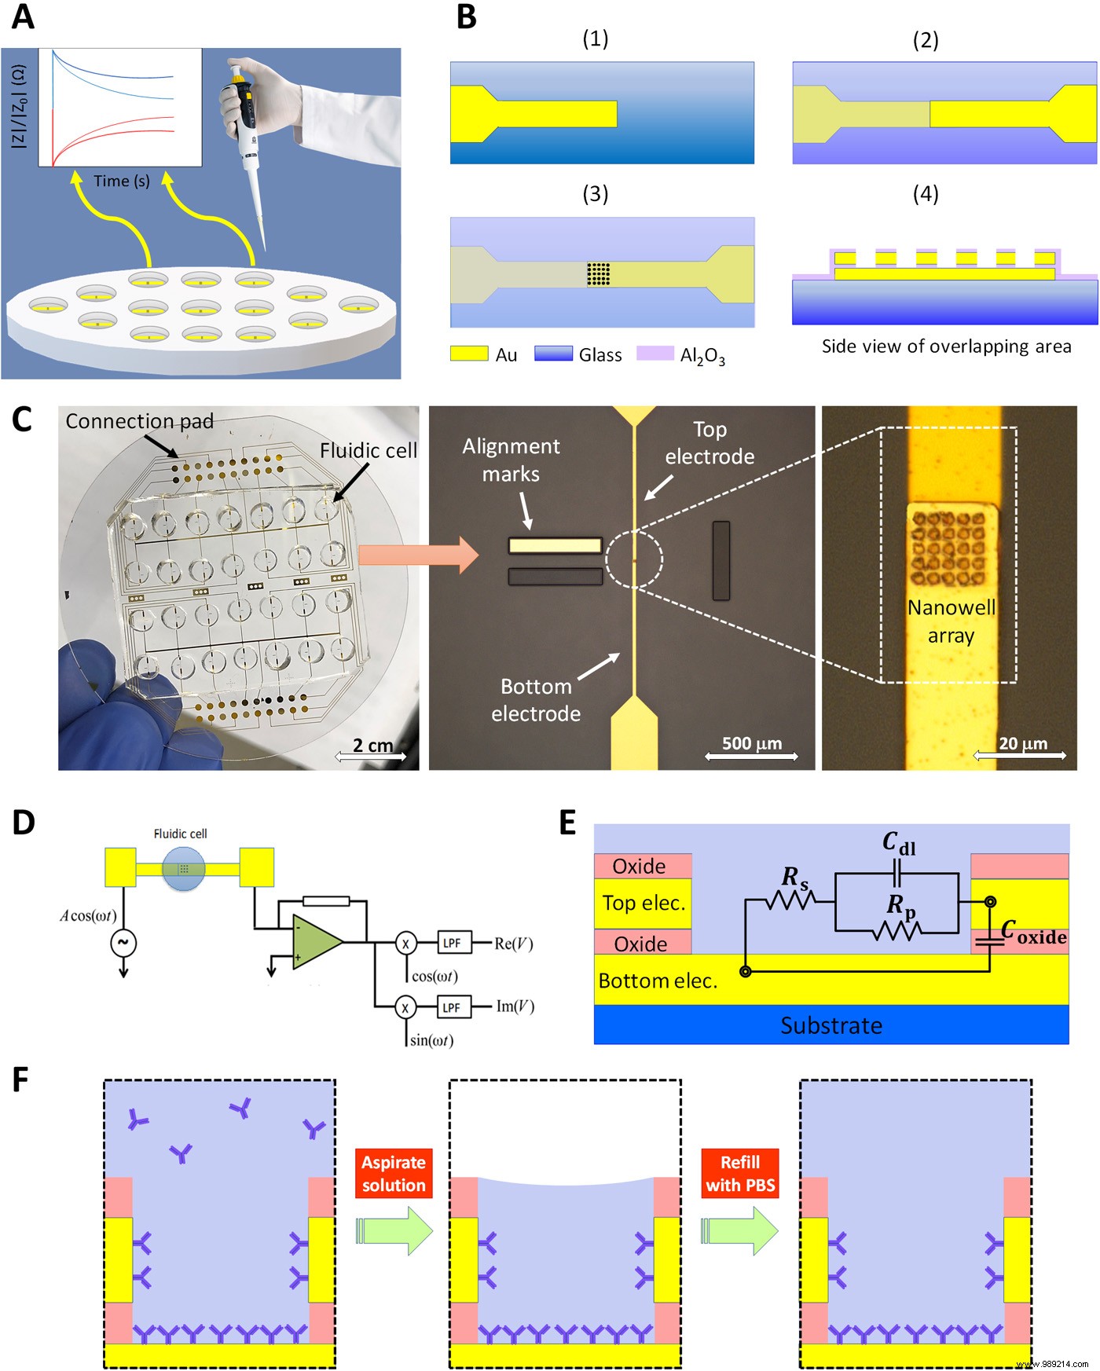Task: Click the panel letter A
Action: click(x=23, y=17)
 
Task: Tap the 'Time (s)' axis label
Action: click(x=121, y=181)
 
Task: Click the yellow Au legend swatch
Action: click(x=469, y=354)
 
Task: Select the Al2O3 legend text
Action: click(x=702, y=356)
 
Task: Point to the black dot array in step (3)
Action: click(x=599, y=273)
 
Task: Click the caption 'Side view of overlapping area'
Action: click(x=946, y=346)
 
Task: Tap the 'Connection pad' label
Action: click(x=139, y=421)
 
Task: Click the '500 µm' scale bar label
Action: click(x=751, y=743)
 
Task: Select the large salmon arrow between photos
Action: click(x=418, y=555)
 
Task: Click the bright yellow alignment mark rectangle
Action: click(x=555, y=545)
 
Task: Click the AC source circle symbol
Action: click(x=123, y=942)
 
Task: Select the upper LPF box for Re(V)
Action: click(x=452, y=943)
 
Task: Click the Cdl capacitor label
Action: click(x=898, y=844)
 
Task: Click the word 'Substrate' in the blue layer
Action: click(x=830, y=1025)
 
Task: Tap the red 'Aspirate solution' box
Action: click(x=394, y=1174)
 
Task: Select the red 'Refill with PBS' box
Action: click(x=740, y=1174)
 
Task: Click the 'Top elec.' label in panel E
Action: click(x=643, y=904)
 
